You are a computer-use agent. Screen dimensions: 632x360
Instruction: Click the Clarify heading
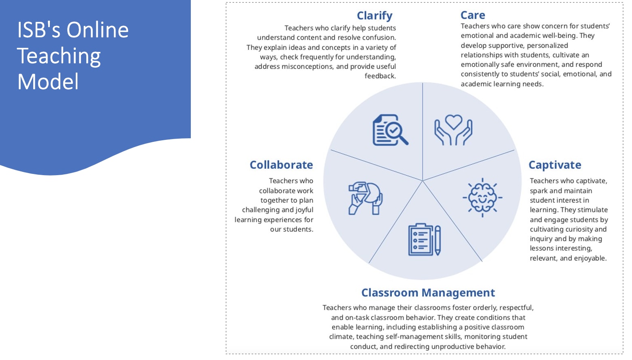[374, 16]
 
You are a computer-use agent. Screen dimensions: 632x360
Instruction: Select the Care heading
[473, 15]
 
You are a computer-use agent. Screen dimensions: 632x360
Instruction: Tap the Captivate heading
[555, 165]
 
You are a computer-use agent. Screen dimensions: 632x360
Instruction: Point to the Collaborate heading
[281, 165]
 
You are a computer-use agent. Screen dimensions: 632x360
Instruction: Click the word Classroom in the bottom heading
[390, 293]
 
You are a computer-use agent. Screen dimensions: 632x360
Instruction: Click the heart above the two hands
[453, 122]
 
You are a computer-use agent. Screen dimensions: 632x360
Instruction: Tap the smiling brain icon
[483, 198]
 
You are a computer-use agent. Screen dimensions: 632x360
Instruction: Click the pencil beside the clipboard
[438, 240]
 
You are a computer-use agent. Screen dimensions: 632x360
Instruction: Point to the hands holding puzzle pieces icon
[365, 198]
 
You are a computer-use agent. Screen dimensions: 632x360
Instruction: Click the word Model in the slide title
[48, 82]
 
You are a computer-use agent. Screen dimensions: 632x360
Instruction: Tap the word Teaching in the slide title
[59, 56]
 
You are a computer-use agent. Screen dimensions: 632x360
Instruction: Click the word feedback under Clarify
[380, 76]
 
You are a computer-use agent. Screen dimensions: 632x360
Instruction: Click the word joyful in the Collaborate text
[304, 210]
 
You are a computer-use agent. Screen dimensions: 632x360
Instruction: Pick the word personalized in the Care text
[547, 45]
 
